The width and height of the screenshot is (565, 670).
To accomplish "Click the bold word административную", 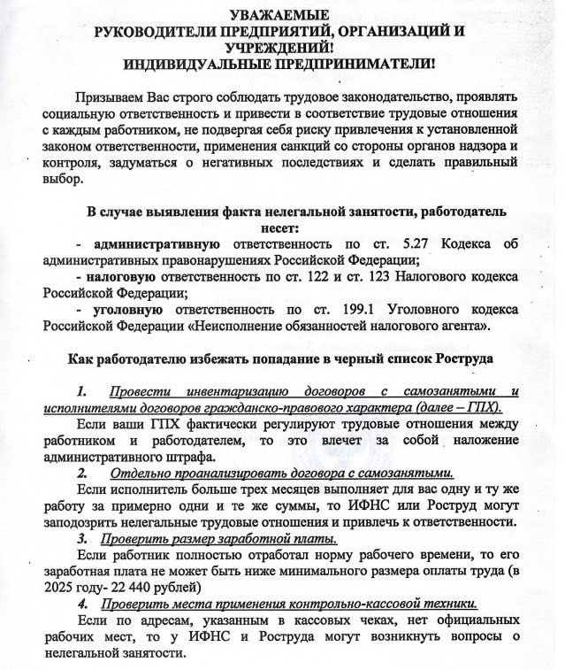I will coord(157,243).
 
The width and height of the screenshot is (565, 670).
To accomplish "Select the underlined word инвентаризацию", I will coord(234,391).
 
